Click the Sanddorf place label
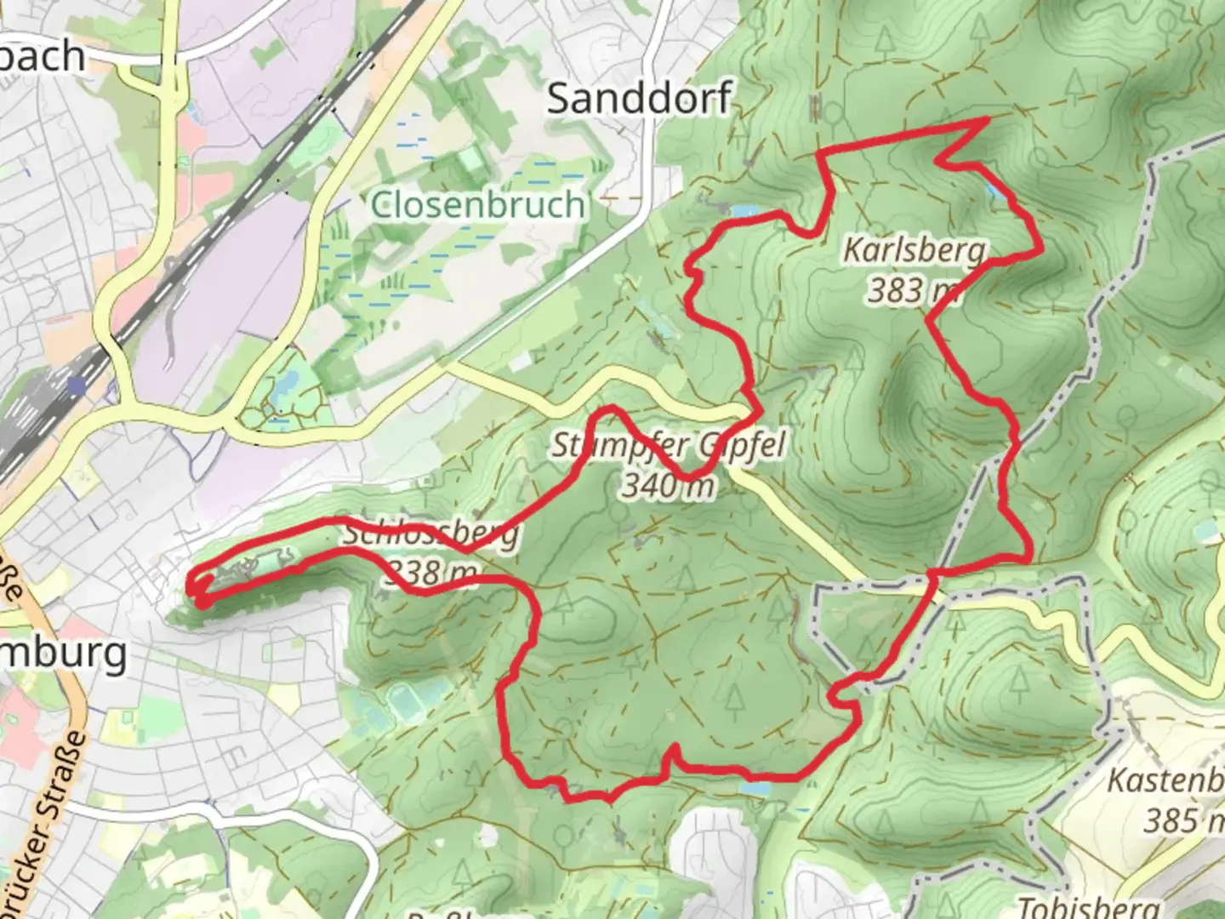pyautogui.click(x=638, y=99)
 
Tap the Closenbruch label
pyautogui.click(x=479, y=205)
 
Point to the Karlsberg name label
pyautogui.click(x=914, y=250)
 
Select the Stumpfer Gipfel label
pyautogui.click(x=668, y=445)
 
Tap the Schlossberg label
pyautogui.click(x=430, y=534)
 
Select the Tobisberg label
pyautogui.click(x=1089, y=907)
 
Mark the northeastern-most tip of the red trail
pyautogui.click(x=987, y=121)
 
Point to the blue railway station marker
pyautogui.click(x=78, y=385)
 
